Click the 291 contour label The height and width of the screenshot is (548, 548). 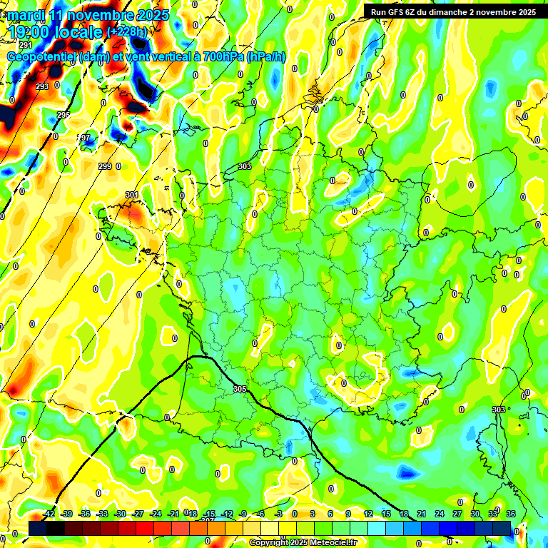(x=26, y=45)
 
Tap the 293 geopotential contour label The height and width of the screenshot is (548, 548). (x=42, y=86)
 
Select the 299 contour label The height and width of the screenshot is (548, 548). (x=105, y=166)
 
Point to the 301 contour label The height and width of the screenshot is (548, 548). (x=132, y=195)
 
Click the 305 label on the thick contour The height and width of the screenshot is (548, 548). (x=240, y=389)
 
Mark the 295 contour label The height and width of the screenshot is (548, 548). (x=64, y=115)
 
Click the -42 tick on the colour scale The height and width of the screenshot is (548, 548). (x=49, y=514)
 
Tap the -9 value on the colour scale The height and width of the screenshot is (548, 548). (x=243, y=514)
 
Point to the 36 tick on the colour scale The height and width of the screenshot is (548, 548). (x=511, y=514)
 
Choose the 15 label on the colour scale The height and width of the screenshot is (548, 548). (x=386, y=514)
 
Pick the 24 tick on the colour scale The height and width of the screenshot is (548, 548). (x=440, y=514)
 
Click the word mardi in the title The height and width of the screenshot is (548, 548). (x=27, y=15)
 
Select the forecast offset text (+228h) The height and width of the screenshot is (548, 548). (x=127, y=32)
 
